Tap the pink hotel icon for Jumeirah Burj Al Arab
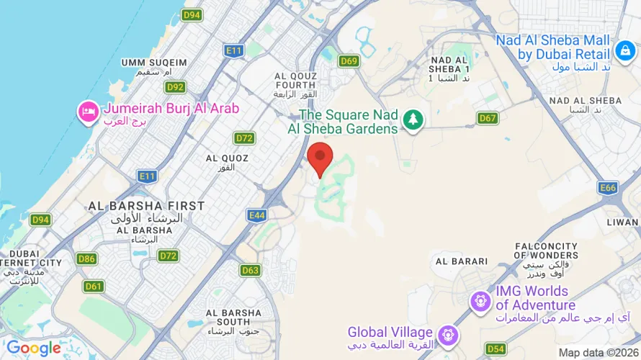[x=88, y=112]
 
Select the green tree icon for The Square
[x=413, y=120]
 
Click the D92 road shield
[x=175, y=87]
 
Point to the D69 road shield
[x=349, y=61]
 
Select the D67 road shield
[x=488, y=118]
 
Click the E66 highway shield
[x=608, y=188]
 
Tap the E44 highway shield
[x=256, y=215]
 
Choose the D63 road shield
[x=250, y=270]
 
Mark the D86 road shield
[x=86, y=258]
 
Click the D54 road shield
[x=496, y=349]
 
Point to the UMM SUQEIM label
[x=154, y=63]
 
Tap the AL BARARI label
[x=462, y=261]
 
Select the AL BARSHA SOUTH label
[x=233, y=318]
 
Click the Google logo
[x=33, y=348]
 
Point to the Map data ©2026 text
[x=597, y=353]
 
